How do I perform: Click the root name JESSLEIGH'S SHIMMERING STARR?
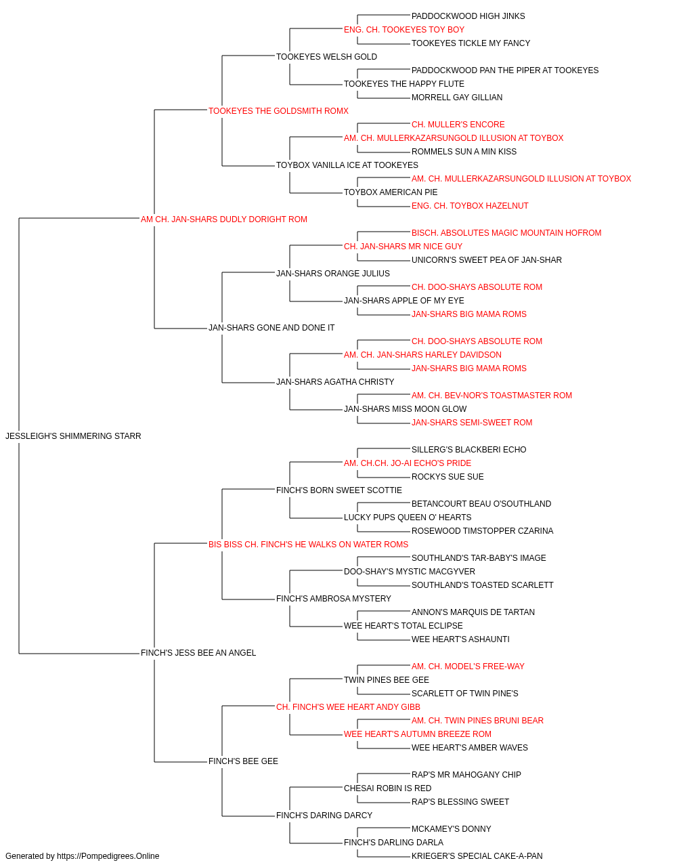point(73,436)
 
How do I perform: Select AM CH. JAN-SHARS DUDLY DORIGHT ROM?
point(224,219)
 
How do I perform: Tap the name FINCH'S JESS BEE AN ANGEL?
point(198,653)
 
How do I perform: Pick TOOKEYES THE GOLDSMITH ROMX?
point(278,111)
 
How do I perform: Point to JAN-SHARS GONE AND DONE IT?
point(271,328)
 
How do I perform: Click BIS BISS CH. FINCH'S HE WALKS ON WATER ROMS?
point(308,545)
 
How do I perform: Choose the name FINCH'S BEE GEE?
point(243,761)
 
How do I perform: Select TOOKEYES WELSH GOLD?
point(326,57)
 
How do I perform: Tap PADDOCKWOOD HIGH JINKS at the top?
point(468,16)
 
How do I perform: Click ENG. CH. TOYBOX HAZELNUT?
point(470,206)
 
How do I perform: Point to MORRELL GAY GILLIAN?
point(457,98)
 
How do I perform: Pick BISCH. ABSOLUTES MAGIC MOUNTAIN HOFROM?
point(506,233)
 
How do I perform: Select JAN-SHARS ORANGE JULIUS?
point(333,274)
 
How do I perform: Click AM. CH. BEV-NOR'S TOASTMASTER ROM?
point(492,396)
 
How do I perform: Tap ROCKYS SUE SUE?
point(447,477)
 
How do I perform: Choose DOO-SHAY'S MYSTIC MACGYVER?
point(410,572)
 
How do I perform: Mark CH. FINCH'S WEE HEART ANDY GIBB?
point(348,707)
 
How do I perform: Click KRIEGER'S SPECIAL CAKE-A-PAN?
point(477,856)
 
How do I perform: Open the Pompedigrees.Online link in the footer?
point(108,856)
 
